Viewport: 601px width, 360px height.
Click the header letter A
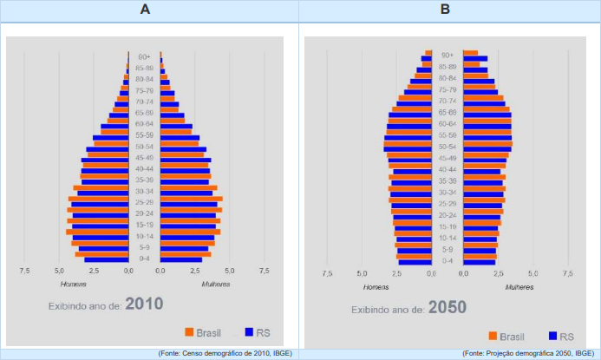145,10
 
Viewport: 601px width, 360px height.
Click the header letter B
446,10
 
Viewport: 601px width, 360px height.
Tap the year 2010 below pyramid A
144,304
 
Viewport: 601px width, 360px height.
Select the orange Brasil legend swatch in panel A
188,331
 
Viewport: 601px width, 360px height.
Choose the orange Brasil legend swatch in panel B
492,336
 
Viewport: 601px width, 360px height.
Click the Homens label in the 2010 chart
73,284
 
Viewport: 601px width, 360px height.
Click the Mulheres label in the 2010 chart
216,284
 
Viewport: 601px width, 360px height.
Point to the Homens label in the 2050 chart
376,286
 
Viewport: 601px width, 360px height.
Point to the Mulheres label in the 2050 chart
519,286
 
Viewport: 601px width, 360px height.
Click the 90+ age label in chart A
144,56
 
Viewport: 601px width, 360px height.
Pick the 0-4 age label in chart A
144,259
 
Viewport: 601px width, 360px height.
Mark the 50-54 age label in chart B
447,147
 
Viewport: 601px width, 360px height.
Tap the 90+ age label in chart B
447,55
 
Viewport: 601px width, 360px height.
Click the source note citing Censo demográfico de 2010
225,354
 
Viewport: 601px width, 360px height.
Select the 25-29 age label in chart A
144,202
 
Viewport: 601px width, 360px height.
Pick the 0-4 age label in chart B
447,260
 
